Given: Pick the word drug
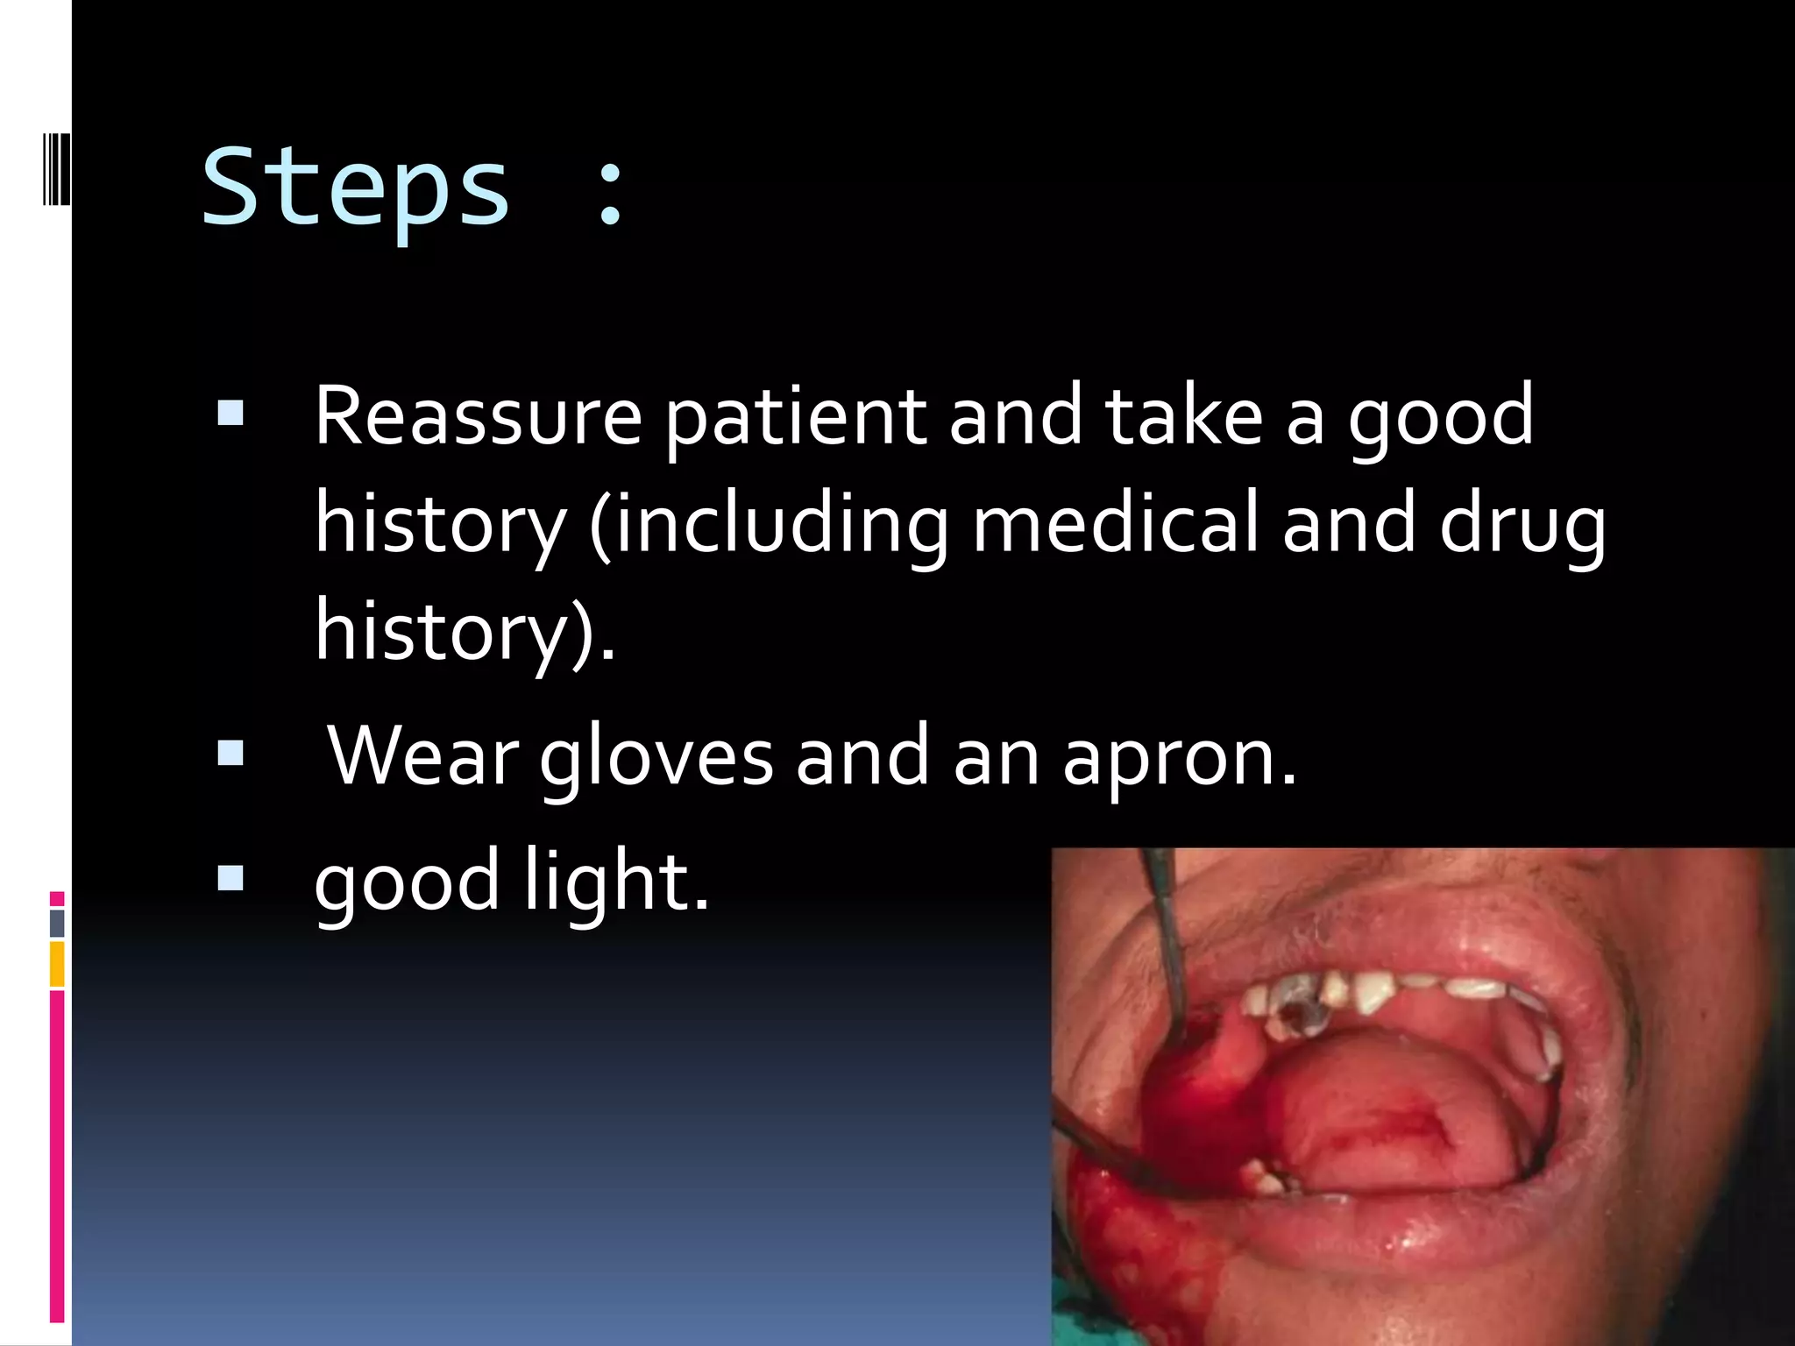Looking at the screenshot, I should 1522,526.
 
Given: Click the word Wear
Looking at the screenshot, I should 422,756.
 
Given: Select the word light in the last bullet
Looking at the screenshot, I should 616,881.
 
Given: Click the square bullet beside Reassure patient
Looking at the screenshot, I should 231,413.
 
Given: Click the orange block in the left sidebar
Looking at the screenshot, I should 57,963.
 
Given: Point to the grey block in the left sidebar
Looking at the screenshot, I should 57,923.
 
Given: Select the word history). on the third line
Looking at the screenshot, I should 465,631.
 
